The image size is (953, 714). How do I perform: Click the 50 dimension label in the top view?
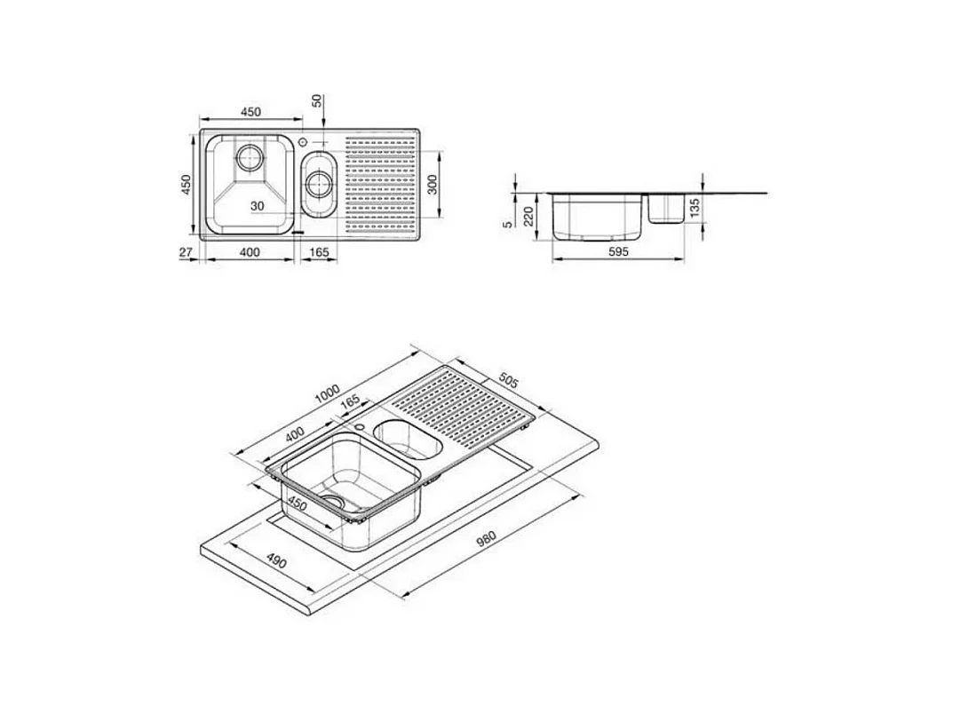point(317,100)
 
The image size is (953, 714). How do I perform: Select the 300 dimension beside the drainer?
point(432,184)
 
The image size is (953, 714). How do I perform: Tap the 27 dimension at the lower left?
point(186,253)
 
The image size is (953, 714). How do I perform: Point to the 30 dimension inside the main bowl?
point(257,206)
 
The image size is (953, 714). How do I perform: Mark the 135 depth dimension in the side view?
point(695,208)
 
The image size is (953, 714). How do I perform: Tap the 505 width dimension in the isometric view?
point(507,383)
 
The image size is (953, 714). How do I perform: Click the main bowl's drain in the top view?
point(250,160)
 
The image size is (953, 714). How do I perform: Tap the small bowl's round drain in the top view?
point(317,185)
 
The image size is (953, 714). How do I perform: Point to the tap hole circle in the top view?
point(303,141)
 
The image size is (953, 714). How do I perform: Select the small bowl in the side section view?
point(665,209)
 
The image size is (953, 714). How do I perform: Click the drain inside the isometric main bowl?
point(332,502)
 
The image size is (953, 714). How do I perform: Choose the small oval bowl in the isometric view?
point(403,436)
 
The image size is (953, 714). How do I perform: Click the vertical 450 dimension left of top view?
point(187,184)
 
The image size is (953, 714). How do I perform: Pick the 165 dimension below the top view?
point(320,253)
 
